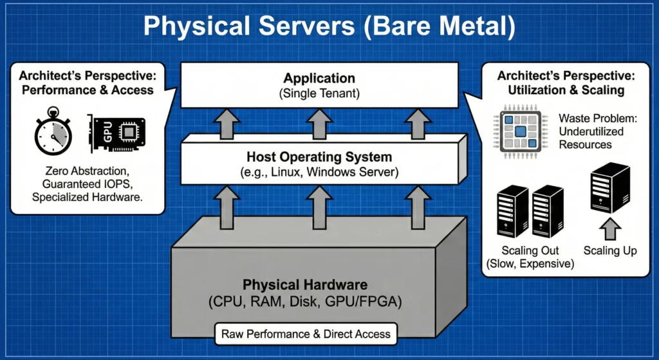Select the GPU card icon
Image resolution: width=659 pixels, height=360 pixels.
(115, 133)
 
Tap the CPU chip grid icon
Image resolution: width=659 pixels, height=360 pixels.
(515, 131)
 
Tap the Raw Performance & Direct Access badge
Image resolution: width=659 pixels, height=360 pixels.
(306, 334)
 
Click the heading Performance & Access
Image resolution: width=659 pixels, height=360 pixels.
(88, 90)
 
